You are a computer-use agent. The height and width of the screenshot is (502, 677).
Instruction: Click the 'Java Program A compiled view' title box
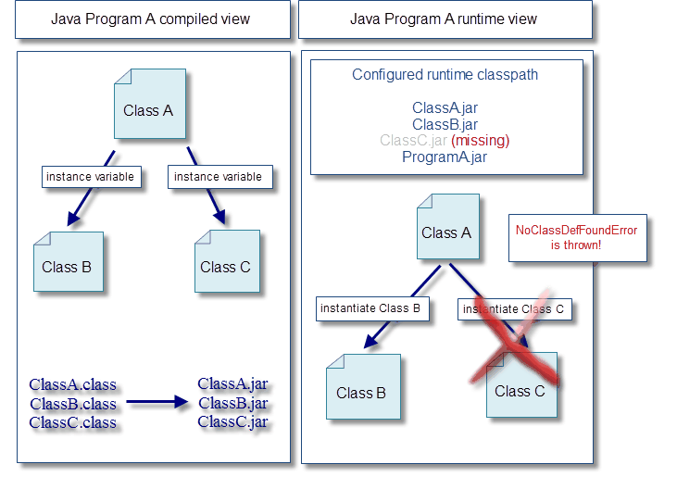click(x=153, y=19)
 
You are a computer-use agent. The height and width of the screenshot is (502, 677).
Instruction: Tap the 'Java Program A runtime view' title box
click(x=445, y=19)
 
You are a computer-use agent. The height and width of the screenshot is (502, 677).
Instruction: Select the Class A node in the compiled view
click(x=150, y=104)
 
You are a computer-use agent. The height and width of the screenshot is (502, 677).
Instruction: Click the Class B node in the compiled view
click(x=69, y=261)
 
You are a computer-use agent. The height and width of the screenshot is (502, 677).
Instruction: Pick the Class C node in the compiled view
click(x=227, y=261)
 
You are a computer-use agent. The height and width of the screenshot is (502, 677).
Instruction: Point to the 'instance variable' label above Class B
click(x=92, y=177)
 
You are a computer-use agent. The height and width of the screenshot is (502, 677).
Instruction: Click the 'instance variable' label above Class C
click(x=220, y=177)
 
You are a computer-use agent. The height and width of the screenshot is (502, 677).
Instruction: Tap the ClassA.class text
click(x=72, y=384)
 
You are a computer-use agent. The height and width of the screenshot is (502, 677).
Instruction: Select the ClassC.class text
click(x=72, y=422)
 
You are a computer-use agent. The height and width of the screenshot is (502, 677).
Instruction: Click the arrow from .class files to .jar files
click(x=157, y=402)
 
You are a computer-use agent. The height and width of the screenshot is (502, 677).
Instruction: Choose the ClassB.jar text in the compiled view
click(x=233, y=403)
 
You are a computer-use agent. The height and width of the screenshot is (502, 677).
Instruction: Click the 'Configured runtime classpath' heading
click(x=445, y=75)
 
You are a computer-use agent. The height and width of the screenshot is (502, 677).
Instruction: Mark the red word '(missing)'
click(x=480, y=140)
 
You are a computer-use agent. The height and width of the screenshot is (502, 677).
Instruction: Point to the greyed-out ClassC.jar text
click(x=413, y=140)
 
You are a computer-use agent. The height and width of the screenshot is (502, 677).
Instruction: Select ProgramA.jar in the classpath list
click(x=445, y=157)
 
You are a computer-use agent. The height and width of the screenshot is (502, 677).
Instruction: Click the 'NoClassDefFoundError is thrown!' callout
click(x=578, y=238)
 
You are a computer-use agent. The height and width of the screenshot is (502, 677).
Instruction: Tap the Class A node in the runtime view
click(x=447, y=227)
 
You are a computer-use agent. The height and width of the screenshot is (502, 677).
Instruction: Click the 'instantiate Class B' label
click(x=372, y=308)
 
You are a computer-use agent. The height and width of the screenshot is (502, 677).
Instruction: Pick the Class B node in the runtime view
click(x=363, y=387)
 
